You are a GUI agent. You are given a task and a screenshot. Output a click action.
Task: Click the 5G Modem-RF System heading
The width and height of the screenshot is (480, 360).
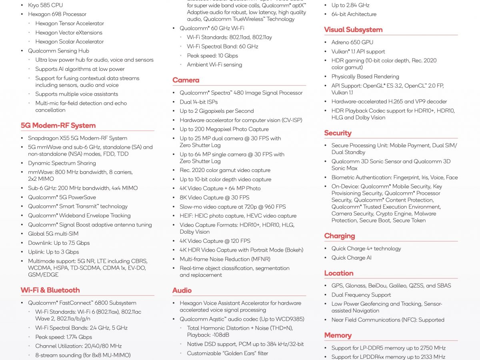point(58,125)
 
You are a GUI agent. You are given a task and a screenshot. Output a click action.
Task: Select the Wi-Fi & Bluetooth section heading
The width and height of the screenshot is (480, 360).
point(50,290)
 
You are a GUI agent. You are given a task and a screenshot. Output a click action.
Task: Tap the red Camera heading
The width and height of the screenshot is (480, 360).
point(186,80)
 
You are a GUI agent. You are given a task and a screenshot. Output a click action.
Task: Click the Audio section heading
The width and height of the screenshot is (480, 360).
point(182,290)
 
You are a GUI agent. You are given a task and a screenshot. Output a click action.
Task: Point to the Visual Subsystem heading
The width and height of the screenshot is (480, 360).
point(353,30)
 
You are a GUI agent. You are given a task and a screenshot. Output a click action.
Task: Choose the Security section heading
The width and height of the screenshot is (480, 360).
point(338,133)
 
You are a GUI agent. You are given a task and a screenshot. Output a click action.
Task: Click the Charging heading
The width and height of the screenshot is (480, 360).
point(339,236)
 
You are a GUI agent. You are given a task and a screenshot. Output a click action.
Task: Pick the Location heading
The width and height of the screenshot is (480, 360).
point(338,273)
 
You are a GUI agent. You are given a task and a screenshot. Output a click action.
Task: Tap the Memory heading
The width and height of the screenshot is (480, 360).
point(338,335)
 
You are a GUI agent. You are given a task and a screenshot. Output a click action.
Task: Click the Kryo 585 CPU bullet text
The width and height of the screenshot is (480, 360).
point(45,5)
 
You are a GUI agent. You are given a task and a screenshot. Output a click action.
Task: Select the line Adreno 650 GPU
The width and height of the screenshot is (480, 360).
point(352,42)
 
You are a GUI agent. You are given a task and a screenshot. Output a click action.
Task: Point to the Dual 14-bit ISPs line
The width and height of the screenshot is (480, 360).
point(198,102)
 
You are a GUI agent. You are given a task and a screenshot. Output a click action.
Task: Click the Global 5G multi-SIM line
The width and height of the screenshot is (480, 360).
point(53,234)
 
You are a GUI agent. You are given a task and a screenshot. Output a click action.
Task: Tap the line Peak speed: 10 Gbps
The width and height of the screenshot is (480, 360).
point(212,56)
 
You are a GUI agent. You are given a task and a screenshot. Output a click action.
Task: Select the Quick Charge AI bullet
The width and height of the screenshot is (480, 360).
point(351,258)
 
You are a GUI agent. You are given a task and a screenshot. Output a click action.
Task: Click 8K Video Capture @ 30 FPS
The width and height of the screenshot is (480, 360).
point(214,197)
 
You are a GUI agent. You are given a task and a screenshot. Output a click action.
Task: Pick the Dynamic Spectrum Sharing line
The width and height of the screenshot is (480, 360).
point(62,163)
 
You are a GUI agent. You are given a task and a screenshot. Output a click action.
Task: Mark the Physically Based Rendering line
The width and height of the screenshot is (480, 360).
point(365,76)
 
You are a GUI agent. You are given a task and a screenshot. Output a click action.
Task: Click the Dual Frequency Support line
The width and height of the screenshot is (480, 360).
point(361,295)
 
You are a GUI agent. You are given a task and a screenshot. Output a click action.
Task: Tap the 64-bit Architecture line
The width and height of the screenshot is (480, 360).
point(354,14)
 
